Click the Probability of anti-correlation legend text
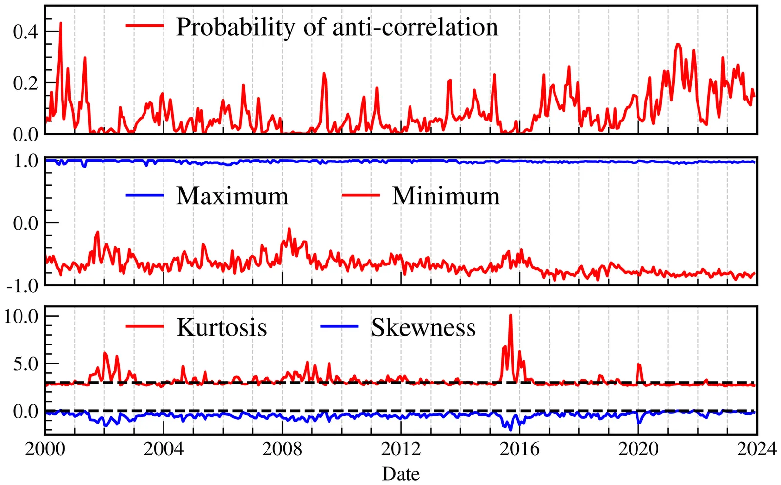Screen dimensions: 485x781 tap(337, 27)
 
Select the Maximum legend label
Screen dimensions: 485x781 tap(232, 196)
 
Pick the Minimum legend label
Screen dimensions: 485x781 tap(446, 196)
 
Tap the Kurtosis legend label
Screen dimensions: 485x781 tap(222, 327)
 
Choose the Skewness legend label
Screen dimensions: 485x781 tap(423, 327)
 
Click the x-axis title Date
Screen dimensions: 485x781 tap(401, 474)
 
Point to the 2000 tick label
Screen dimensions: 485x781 tap(45, 449)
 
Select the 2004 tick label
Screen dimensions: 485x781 tap(164, 449)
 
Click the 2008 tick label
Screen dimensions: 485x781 tap(282, 449)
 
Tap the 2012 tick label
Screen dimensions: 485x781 tap(401, 449)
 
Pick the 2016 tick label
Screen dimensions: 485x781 tap(519, 449)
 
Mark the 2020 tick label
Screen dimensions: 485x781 tap(638, 449)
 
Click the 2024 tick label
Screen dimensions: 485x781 tap(757, 449)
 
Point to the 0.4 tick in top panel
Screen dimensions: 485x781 tap(25, 32)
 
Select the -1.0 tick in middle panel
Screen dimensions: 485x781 tap(22, 286)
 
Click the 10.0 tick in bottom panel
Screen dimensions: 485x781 tap(21, 316)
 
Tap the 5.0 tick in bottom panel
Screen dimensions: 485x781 tap(25, 364)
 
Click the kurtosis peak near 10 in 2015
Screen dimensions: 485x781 tap(511, 315)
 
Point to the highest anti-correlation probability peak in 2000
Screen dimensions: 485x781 tap(61, 23)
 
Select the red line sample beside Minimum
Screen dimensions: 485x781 tap(361, 195)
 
